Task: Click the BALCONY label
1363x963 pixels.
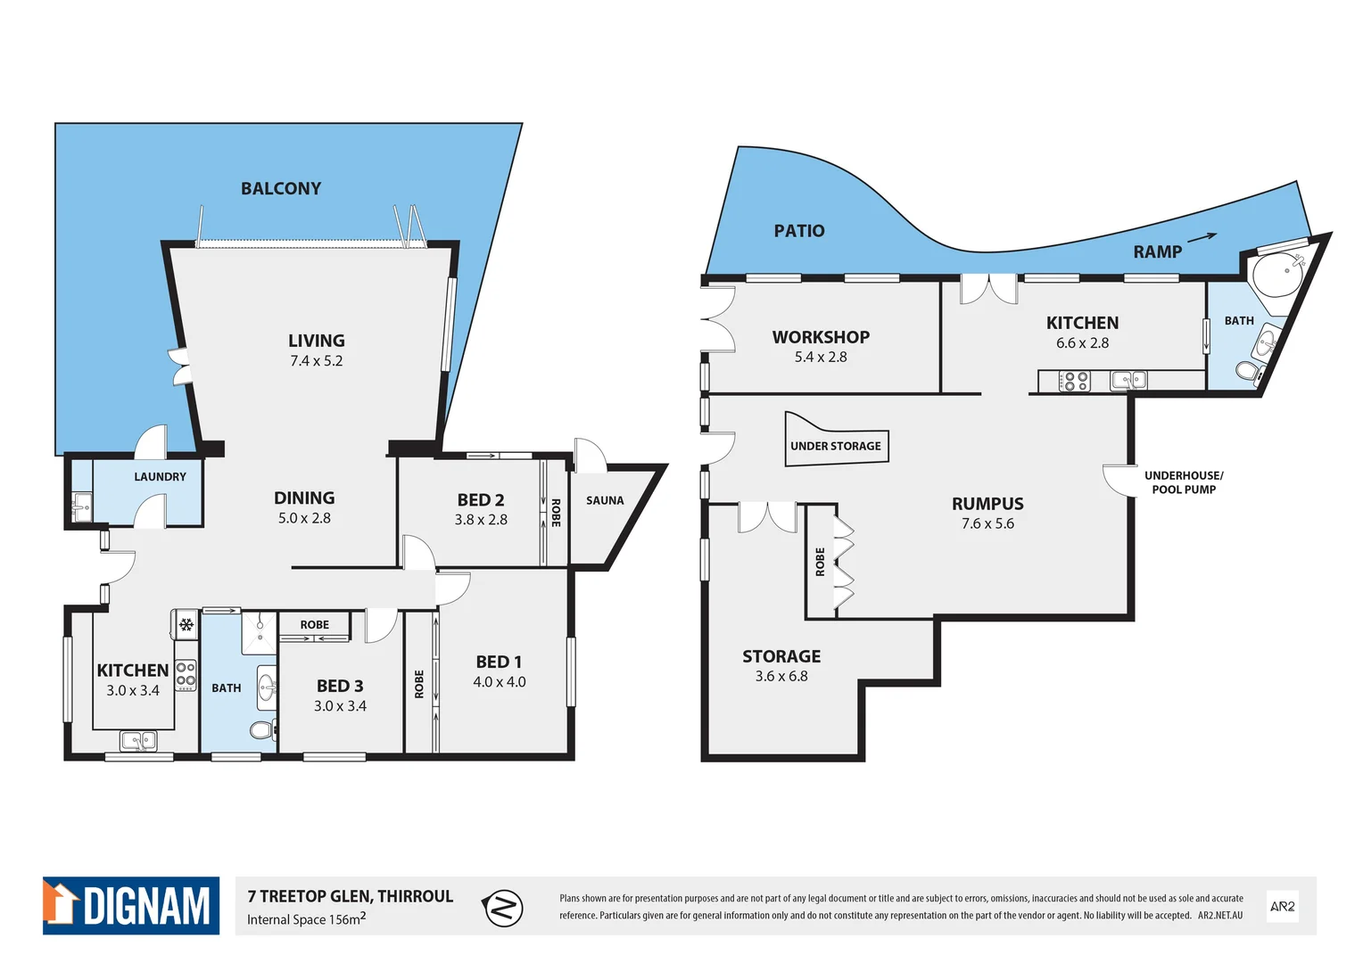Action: (281, 188)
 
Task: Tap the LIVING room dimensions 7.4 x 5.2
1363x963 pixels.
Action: (316, 361)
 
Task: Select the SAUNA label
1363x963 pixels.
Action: (605, 500)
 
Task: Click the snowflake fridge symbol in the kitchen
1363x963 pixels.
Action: (186, 625)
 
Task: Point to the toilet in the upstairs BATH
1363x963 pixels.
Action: (261, 730)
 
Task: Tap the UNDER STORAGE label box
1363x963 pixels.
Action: (836, 446)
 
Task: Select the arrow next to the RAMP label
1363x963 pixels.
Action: (1202, 237)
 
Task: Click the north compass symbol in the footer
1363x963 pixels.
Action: (502, 908)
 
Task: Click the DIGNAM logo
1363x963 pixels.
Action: (131, 906)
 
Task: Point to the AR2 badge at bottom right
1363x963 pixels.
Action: (1282, 906)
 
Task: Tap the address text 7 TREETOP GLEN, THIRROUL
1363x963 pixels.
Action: (351, 896)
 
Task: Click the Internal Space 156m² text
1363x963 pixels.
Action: (306, 919)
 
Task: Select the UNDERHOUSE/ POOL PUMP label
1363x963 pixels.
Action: (1184, 482)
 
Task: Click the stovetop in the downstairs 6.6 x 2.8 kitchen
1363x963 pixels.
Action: (1074, 382)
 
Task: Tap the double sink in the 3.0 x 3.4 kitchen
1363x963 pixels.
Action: (138, 740)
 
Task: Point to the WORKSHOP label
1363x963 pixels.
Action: (821, 337)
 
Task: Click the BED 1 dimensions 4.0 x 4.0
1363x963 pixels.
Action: (499, 682)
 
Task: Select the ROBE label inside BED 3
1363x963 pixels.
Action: (314, 625)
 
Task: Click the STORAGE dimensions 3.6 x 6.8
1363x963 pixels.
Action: (781, 676)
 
